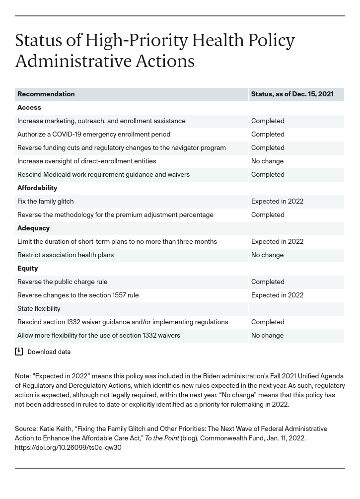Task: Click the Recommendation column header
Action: [x=46, y=94]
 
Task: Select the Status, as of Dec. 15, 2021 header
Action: [x=292, y=94]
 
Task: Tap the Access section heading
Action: [x=29, y=108]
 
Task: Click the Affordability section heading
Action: [x=37, y=188]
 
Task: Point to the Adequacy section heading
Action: [x=33, y=228]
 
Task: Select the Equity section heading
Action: [x=28, y=269]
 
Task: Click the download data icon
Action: [x=19, y=352]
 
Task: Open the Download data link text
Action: [x=49, y=352]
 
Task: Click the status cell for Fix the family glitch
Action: [x=277, y=202]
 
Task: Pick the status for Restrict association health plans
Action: [x=267, y=255]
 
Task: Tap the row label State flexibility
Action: [x=39, y=309]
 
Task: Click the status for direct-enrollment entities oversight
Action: [x=267, y=161]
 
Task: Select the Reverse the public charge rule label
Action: [x=63, y=282]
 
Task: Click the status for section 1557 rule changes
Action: [x=277, y=295]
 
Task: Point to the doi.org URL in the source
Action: [x=68, y=448]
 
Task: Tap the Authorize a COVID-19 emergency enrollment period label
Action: [x=94, y=135]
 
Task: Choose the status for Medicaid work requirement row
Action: [x=268, y=175]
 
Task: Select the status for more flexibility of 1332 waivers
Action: [x=267, y=336]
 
